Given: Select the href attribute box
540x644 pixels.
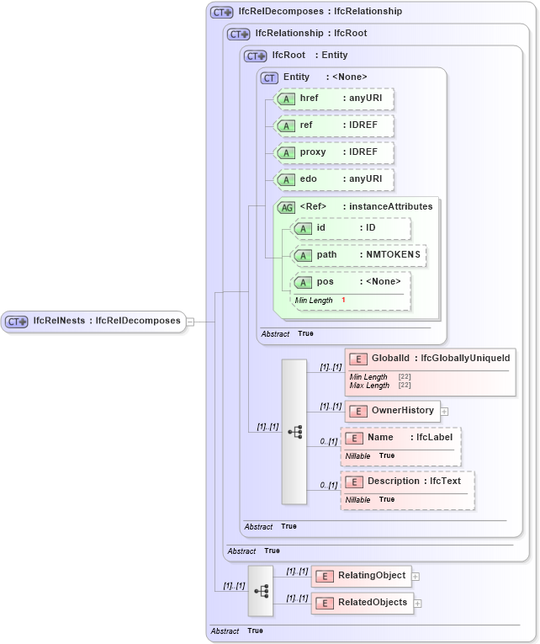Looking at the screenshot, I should click(x=335, y=99).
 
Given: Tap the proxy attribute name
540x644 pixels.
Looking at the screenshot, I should click(x=313, y=152).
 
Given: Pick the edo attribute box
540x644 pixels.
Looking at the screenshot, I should click(x=335, y=179).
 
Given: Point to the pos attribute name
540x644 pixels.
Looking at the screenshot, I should click(x=325, y=282).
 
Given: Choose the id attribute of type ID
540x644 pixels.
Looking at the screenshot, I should click(x=352, y=228).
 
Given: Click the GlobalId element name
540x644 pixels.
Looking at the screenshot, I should click(x=392, y=359).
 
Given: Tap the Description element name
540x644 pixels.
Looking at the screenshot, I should click(x=393, y=481).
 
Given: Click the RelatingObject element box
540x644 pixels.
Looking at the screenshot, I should click(x=361, y=576).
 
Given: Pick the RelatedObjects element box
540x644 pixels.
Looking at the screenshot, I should click(x=362, y=603).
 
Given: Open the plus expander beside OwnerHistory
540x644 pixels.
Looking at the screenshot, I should click(x=444, y=412).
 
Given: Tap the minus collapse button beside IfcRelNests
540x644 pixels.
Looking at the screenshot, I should click(x=190, y=321).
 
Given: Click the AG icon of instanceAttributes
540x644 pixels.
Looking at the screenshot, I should click(x=286, y=206).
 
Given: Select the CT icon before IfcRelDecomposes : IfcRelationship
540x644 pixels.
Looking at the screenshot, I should click(x=221, y=12).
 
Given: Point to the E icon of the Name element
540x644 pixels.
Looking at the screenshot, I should click(x=355, y=438).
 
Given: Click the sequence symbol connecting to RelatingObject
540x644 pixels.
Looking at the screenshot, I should click(x=261, y=590).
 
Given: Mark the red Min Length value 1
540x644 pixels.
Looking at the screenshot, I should click(x=343, y=301).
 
